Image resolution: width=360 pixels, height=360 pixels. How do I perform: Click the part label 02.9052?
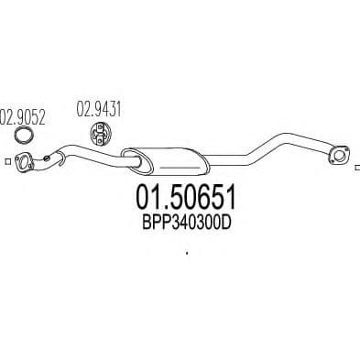[20, 116]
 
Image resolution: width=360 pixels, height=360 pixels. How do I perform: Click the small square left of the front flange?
[6, 163]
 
